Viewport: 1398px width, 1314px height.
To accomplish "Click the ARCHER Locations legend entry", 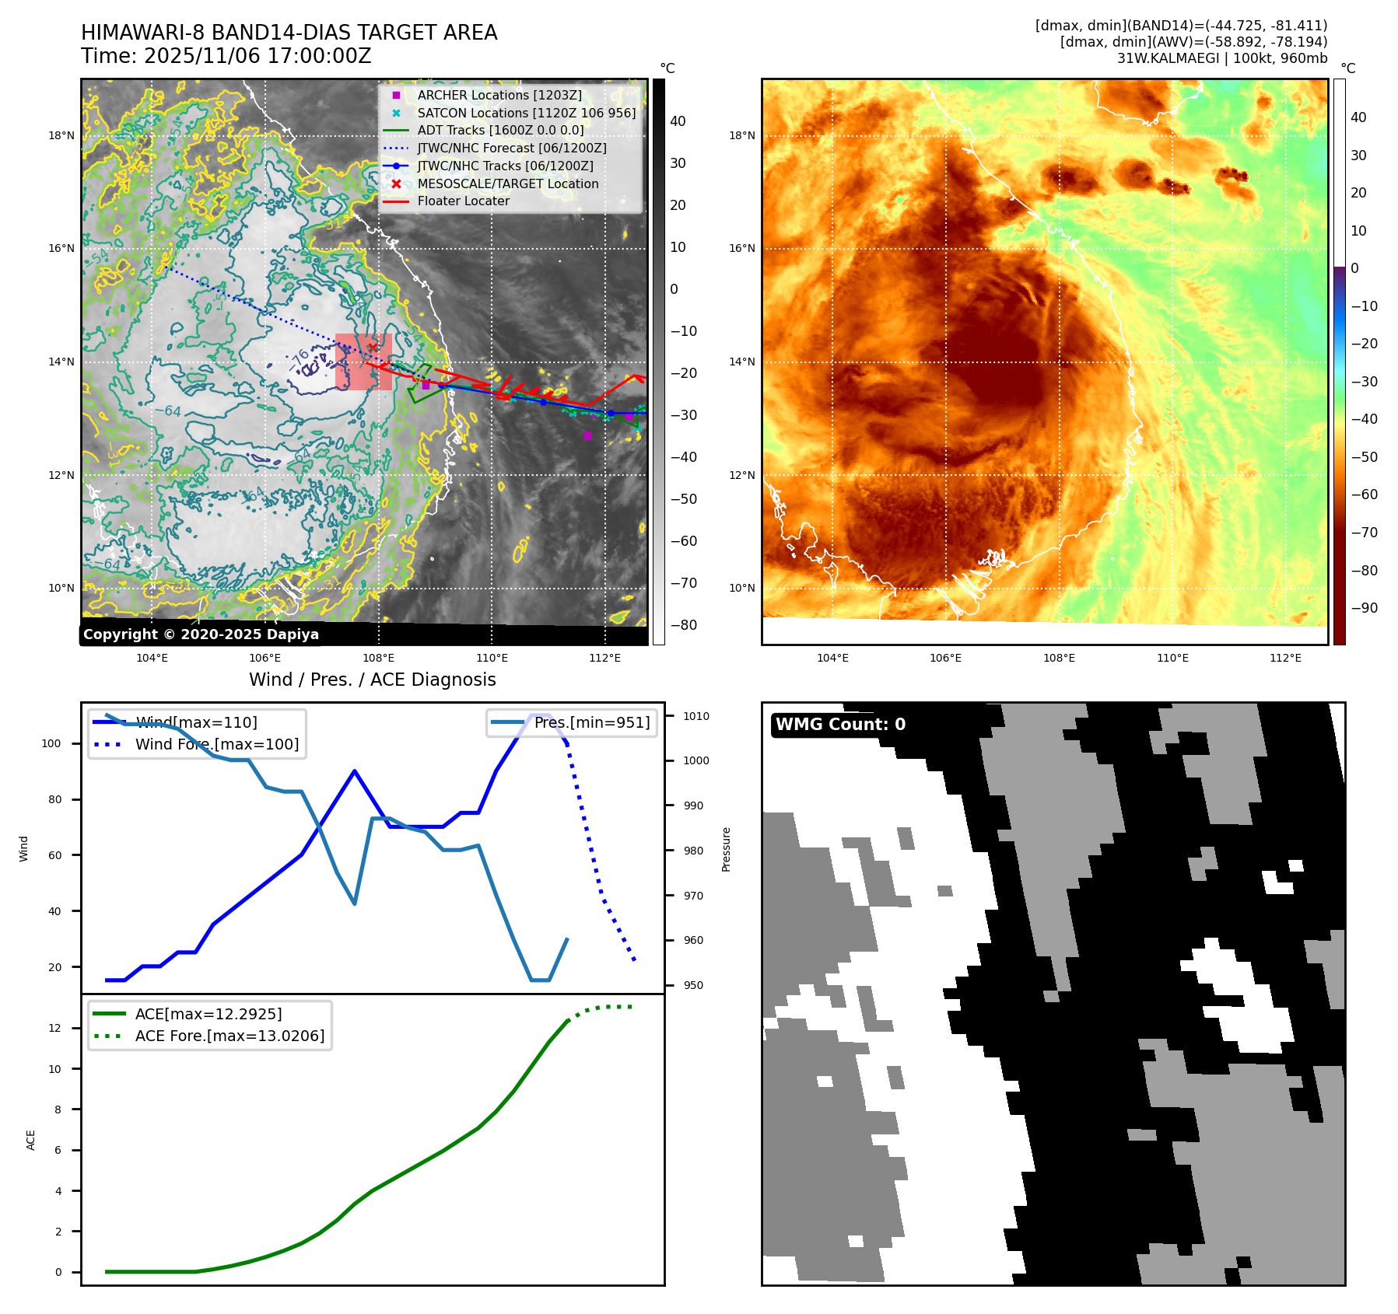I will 499,95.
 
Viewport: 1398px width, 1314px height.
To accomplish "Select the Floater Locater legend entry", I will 463,201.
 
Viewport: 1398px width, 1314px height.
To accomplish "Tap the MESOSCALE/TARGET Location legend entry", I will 507,183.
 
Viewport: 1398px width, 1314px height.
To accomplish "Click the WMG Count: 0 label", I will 840,725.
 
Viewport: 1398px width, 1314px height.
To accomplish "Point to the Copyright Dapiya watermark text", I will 201,634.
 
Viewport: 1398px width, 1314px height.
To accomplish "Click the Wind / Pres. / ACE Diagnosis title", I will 372,680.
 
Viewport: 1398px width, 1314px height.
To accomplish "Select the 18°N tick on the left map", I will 61,135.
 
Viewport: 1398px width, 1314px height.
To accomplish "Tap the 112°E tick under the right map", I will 1285,658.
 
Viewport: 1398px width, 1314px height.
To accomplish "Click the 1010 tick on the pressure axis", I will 696,716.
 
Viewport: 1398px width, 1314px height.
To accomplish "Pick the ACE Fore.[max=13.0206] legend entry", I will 229,1036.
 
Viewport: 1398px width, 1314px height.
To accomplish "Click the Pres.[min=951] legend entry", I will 591,722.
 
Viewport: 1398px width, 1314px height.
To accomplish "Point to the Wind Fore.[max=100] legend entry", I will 216,744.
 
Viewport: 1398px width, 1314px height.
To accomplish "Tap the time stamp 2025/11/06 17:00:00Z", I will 258,56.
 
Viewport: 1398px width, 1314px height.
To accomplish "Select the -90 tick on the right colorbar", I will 1364,608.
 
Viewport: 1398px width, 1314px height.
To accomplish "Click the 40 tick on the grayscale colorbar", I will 678,121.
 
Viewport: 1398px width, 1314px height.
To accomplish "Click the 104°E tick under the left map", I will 152,658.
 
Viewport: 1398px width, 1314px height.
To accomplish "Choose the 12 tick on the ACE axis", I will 54,1028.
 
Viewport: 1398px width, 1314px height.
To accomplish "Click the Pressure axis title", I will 726,849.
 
